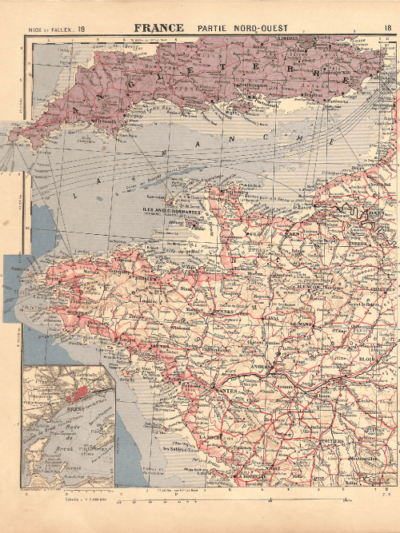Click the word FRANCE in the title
click(x=159, y=28)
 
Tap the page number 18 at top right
click(x=388, y=28)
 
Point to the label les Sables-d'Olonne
click(x=181, y=450)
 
